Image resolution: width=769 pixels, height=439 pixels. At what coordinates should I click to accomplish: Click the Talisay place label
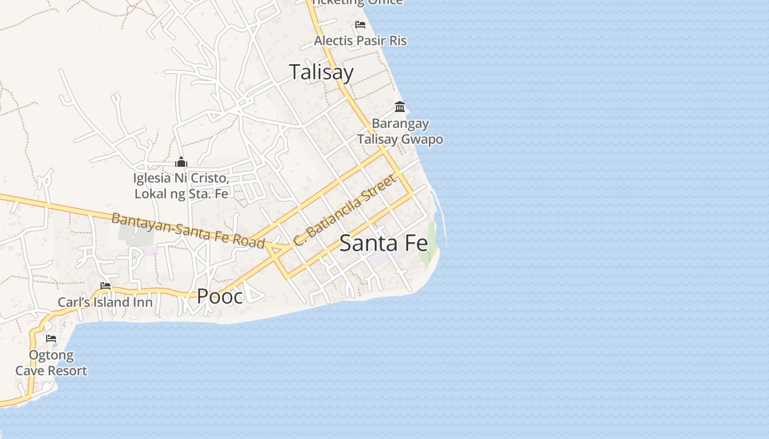tap(321, 72)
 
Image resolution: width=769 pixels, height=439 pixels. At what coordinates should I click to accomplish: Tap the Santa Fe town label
tap(383, 243)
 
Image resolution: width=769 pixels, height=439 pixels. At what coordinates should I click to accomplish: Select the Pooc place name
tap(220, 296)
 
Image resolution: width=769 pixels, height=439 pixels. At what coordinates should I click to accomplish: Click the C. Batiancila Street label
tap(344, 210)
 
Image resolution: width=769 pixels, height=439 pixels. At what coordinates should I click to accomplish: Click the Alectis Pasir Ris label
tap(360, 41)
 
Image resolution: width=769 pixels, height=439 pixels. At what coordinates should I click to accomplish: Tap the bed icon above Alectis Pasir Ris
tap(360, 24)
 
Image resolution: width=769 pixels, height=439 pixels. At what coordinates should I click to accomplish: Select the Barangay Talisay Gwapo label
tap(400, 131)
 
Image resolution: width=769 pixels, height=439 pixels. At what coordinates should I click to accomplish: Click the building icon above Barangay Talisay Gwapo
tap(400, 106)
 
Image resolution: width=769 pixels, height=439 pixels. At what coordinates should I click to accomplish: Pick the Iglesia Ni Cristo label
tap(181, 178)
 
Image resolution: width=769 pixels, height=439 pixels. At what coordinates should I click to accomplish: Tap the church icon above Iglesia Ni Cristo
tap(181, 162)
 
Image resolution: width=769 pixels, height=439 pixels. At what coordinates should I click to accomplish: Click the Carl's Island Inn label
tap(105, 302)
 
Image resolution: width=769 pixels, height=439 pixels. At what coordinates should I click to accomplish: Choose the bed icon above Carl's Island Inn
tap(105, 286)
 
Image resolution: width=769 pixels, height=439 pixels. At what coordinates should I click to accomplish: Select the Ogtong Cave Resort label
tap(51, 363)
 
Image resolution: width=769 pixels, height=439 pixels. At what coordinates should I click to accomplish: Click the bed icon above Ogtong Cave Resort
tap(51, 339)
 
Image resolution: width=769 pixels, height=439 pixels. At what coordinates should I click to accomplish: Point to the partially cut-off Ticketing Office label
tap(358, 3)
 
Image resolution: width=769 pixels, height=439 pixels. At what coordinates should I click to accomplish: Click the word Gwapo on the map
tap(422, 139)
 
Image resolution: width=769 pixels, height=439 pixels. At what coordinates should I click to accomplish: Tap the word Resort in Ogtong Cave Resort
tap(66, 371)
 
